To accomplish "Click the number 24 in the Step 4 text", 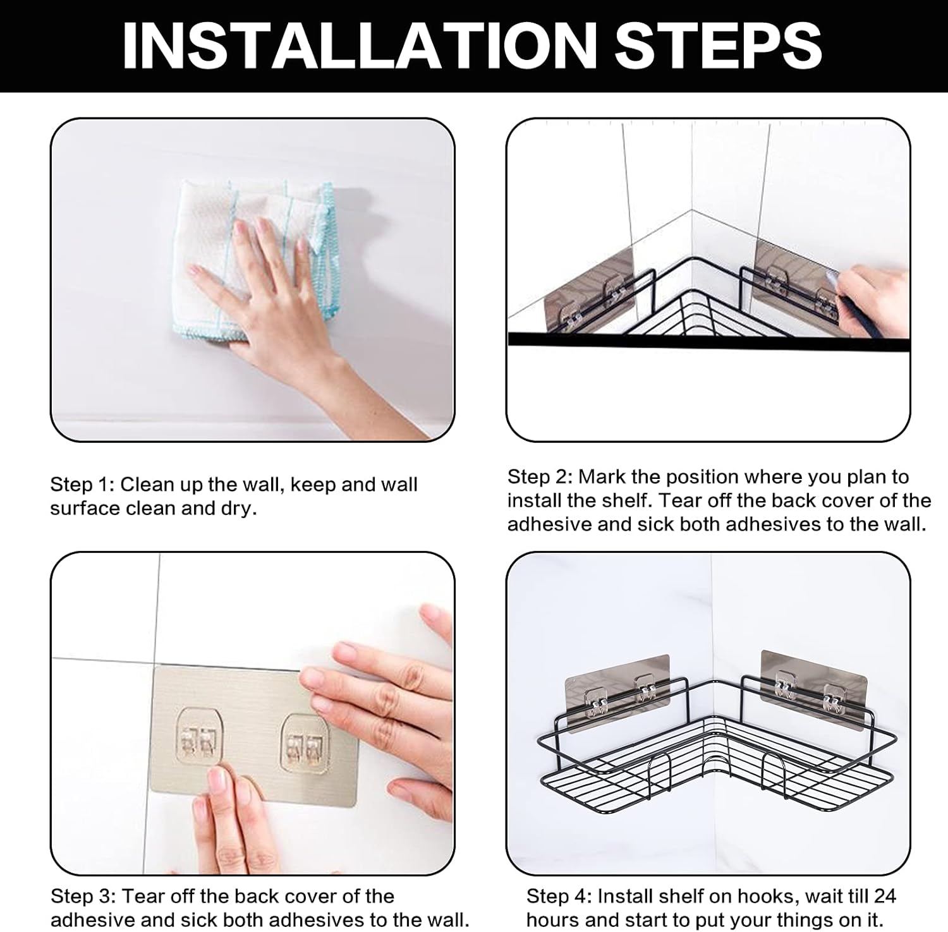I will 885,896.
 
